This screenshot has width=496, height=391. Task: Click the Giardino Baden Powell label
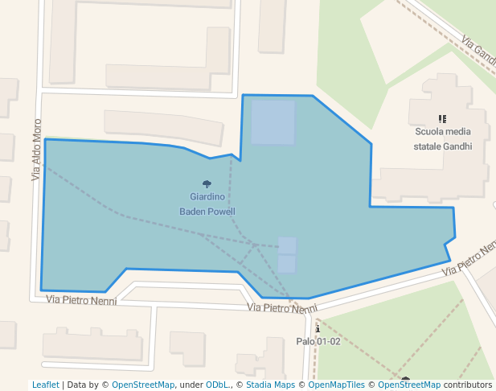(207, 204)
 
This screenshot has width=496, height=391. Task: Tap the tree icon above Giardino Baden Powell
(207, 184)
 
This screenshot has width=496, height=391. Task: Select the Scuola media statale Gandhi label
(442, 138)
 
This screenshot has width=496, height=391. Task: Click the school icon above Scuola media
(442, 118)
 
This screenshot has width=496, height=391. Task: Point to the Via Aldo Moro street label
(36, 150)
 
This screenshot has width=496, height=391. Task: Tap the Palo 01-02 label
(318, 341)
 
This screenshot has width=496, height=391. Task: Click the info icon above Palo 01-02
(318, 328)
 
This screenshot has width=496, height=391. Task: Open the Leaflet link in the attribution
(45, 385)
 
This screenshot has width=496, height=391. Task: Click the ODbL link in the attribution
(216, 385)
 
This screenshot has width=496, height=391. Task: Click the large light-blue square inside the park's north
(273, 121)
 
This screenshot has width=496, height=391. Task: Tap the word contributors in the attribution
(467, 385)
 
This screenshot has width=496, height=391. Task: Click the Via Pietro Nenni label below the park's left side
(81, 300)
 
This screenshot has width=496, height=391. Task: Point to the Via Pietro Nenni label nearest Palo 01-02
(282, 308)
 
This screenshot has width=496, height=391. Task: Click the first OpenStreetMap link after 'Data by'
(143, 385)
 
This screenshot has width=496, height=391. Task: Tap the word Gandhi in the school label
(456, 146)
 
